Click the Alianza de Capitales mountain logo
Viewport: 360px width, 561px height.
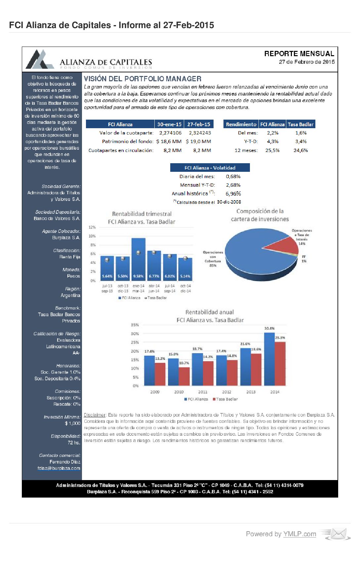click(x=40, y=59)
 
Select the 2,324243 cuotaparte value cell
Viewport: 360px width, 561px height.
click(x=200, y=133)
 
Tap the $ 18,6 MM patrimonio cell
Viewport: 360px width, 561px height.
click(x=169, y=141)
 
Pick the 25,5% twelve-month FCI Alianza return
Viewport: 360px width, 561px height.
click(x=272, y=150)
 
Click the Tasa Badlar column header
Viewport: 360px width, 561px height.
click(x=300, y=124)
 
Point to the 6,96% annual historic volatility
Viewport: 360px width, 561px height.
click(x=233, y=194)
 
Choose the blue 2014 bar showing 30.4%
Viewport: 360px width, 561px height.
click(x=269, y=360)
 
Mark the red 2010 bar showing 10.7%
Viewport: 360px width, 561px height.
click(x=184, y=377)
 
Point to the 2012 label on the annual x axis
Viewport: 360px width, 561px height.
click(x=227, y=392)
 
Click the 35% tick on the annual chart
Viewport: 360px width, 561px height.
click(x=135, y=325)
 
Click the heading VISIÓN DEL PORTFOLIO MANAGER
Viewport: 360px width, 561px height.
click(x=142, y=79)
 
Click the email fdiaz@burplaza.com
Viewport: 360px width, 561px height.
click(x=59, y=468)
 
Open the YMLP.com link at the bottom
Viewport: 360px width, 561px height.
click(x=300, y=534)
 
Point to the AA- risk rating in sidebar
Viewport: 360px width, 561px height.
click(x=76, y=353)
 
